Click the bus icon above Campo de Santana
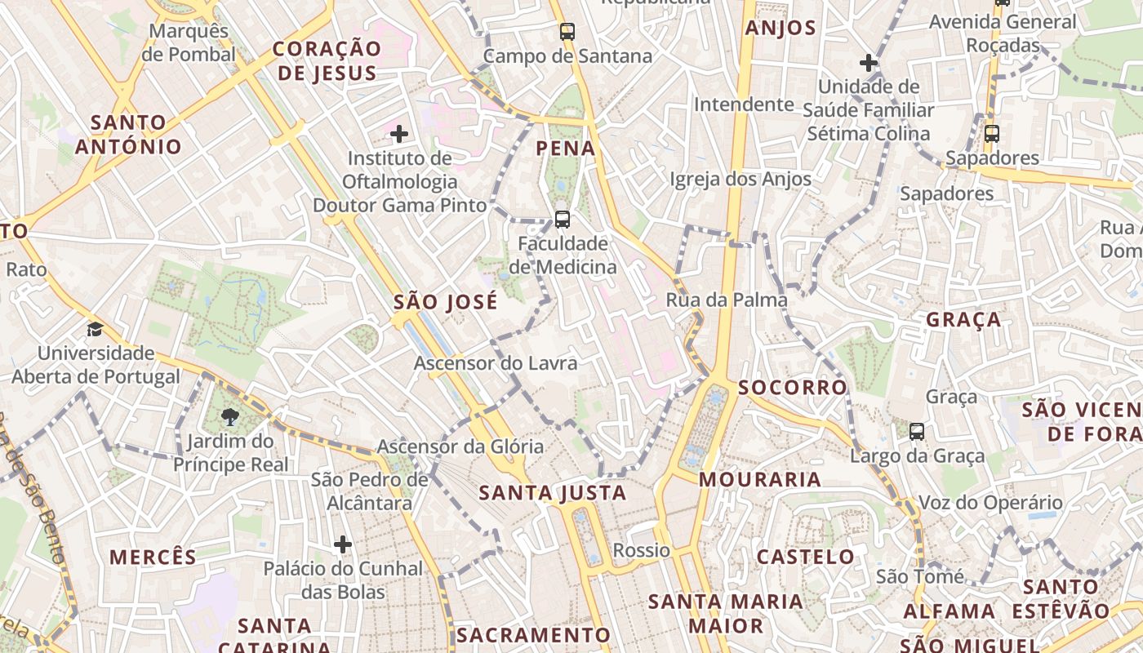coord(567,32)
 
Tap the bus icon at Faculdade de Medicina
coord(562,219)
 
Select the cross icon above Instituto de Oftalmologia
coord(399,133)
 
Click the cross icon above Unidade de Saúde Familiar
coord(869,62)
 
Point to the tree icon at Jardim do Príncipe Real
coord(230,418)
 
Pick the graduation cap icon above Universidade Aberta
coord(96,330)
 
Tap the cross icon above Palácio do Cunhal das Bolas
coord(343,544)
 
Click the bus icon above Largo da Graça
coord(917,432)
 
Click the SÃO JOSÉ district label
coord(445,302)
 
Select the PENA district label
coord(566,149)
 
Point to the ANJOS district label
coord(781,29)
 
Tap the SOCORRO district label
coord(793,388)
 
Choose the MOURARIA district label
coord(759,479)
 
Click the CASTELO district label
coord(805,557)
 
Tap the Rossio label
coord(641,550)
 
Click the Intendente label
coord(744,104)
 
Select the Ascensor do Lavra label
coord(496,363)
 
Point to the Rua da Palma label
coord(727,300)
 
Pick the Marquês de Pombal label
coord(189,42)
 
